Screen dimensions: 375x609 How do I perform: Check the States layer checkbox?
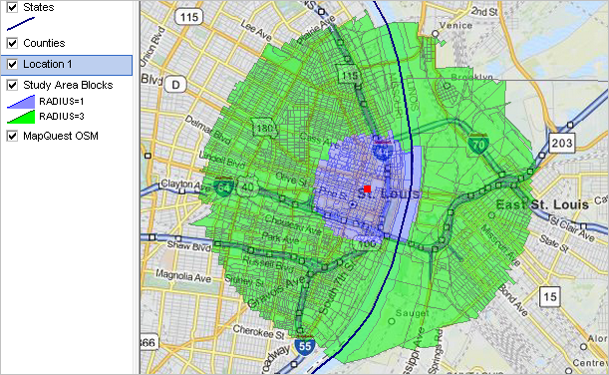(12, 7)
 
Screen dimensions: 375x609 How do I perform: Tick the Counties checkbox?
(12, 44)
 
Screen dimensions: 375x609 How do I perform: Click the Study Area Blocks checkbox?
(12, 85)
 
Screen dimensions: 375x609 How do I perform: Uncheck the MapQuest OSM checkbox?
(12, 136)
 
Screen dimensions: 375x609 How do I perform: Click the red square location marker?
(367, 187)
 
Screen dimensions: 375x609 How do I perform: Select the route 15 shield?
(549, 296)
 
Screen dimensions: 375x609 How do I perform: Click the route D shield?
(176, 85)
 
